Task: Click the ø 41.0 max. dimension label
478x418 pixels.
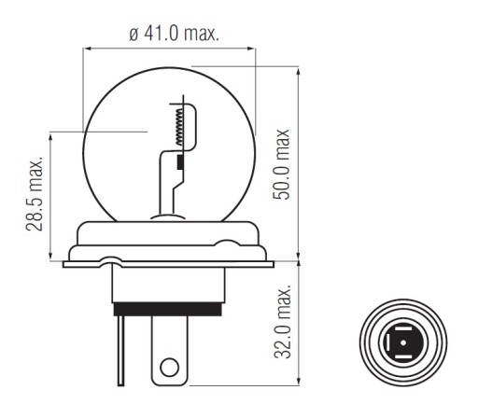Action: (x=175, y=34)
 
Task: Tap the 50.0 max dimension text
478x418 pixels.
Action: (x=281, y=164)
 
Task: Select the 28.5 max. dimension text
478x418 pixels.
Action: (x=34, y=195)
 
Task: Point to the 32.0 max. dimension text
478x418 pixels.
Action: (x=283, y=321)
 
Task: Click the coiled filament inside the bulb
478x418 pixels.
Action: (x=179, y=127)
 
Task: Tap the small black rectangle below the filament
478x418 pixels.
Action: (x=180, y=162)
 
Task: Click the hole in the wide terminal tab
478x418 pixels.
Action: (x=169, y=367)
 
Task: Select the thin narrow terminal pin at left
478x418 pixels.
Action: (x=120, y=351)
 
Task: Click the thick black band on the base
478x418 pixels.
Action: (x=168, y=309)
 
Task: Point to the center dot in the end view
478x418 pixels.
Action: (x=403, y=342)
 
